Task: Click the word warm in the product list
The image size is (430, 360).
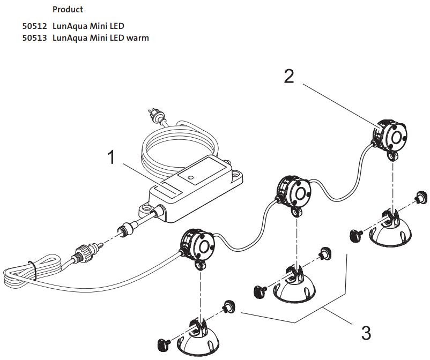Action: coord(138,38)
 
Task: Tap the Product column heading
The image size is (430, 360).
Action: coord(68,10)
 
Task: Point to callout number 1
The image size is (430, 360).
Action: coord(112,158)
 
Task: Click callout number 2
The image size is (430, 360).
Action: coord(289,77)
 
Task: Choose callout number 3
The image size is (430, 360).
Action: coord(366,333)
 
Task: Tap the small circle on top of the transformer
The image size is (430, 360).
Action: coord(190,175)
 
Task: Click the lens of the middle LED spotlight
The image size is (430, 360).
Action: coord(298,191)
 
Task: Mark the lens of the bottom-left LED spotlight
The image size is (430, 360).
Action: coord(204,246)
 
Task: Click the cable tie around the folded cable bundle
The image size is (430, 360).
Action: coord(32,268)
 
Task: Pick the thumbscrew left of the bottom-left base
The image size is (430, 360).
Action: coord(163,343)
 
